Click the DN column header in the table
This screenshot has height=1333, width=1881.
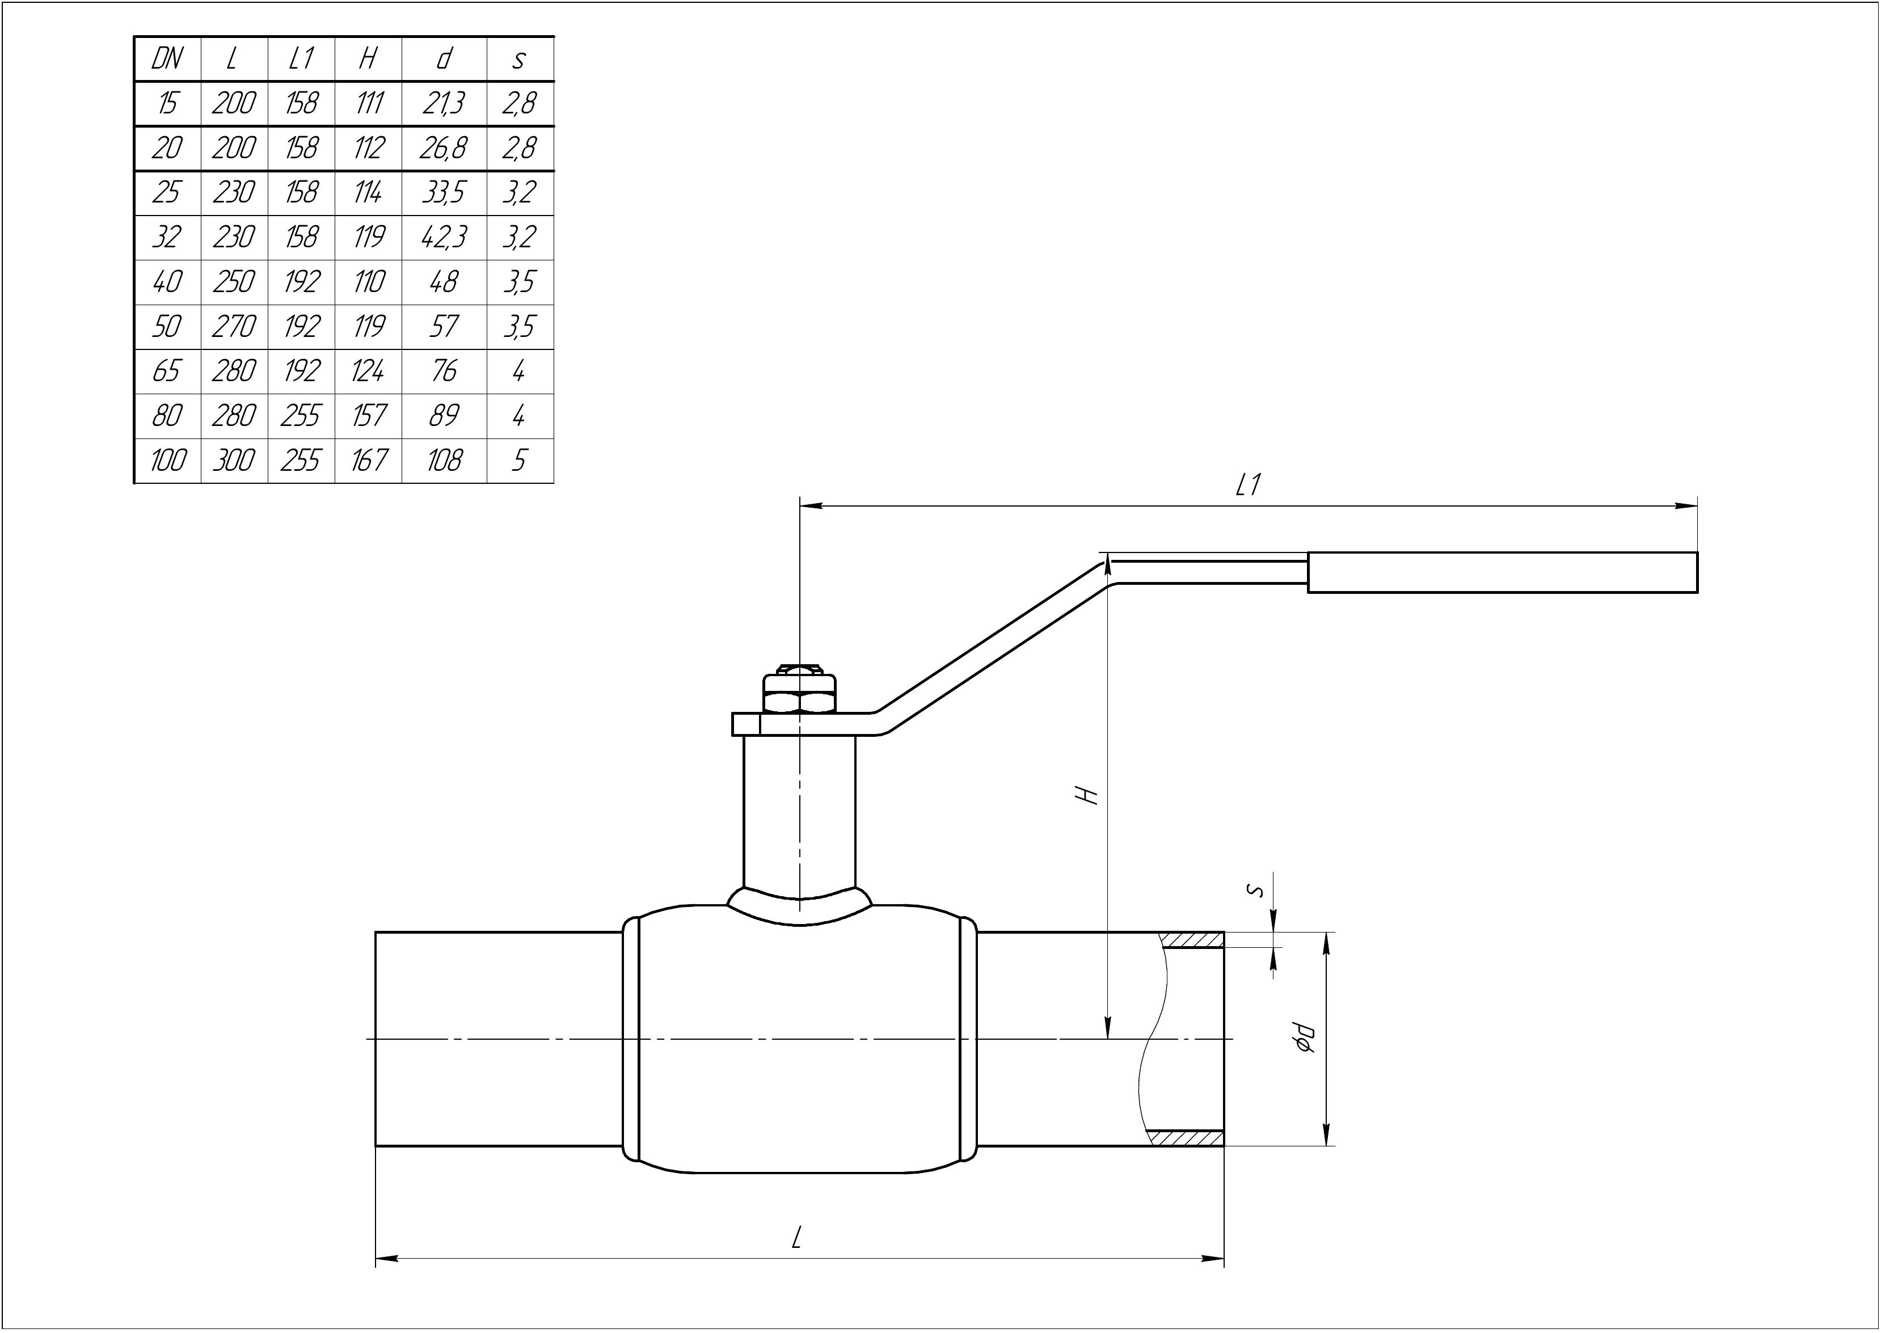coord(167,59)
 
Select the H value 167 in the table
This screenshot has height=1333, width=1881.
coord(369,461)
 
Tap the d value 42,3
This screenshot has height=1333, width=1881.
coord(444,237)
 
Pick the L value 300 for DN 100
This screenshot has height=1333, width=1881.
coord(234,461)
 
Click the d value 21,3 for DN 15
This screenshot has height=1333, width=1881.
coord(444,103)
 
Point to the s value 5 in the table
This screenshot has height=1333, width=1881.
coord(518,461)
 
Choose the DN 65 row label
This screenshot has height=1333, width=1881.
coord(167,371)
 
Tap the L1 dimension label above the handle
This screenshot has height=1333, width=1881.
coord(1247,487)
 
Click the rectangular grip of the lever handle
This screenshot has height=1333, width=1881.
coord(1503,572)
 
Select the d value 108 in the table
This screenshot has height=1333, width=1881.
coord(444,461)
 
